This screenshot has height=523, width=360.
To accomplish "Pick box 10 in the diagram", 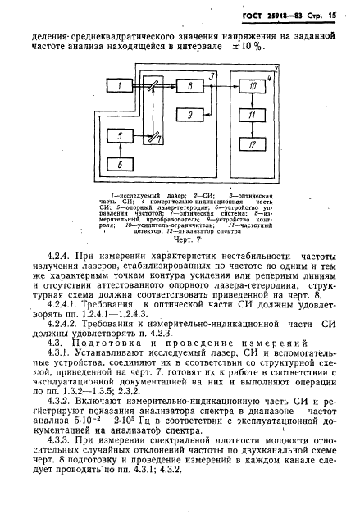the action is click(253, 86).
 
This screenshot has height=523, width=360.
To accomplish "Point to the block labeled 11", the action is click(253, 117).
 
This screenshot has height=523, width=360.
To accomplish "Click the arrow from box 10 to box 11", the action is click(253, 102).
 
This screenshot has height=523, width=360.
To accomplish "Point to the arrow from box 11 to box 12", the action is click(253, 131).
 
